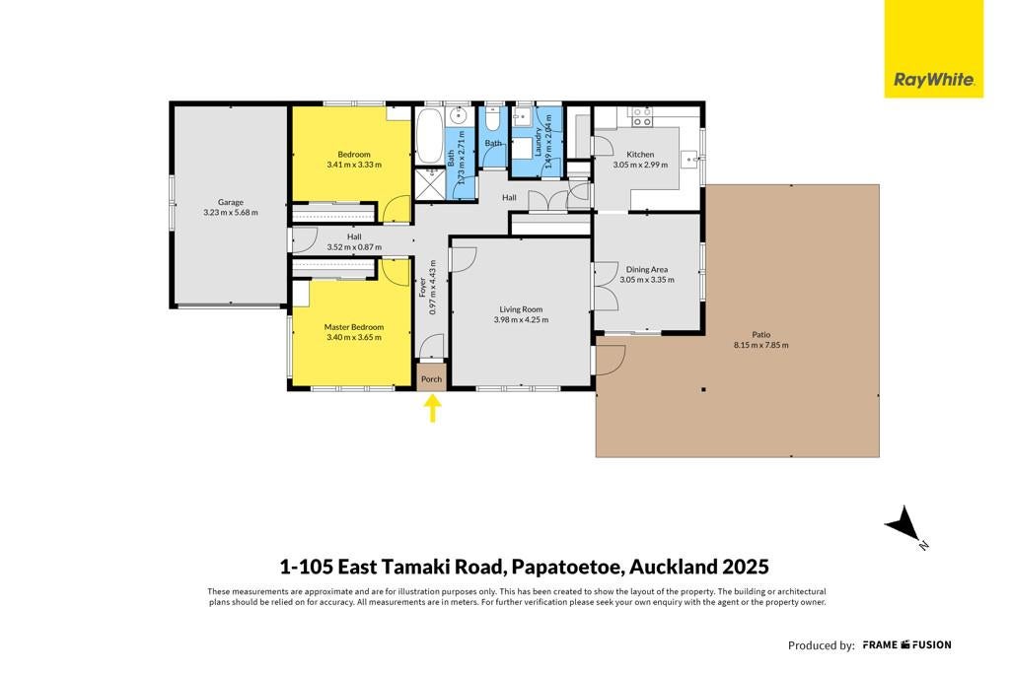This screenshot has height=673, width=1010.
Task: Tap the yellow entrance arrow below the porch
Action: click(x=432, y=409)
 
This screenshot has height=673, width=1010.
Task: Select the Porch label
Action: click(x=432, y=379)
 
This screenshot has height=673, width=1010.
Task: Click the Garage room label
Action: click(x=230, y=202)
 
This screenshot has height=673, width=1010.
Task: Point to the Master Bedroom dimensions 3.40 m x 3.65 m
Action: click(x=354, y=337)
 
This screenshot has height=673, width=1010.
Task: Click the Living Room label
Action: click(x=521, y=309)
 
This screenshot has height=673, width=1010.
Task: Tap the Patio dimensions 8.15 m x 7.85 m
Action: click(x=760, y=345)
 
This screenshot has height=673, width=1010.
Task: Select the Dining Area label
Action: click(x=647, y=270)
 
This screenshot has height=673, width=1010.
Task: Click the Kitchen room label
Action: click(x=640, y=155)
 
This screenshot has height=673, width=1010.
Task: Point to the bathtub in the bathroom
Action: click(x=428, y=137)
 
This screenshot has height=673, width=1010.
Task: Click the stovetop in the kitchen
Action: click(x=641, y=116)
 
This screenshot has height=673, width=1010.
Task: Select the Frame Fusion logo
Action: click(x=907, y=644)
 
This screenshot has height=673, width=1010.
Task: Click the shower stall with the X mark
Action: click(x=430, y=184)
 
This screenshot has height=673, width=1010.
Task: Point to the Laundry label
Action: click(x=538, y=142)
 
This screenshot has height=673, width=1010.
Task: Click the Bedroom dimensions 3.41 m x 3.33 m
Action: click(x=354, y=165)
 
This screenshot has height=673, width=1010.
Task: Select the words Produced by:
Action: click(x=822, y=645)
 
